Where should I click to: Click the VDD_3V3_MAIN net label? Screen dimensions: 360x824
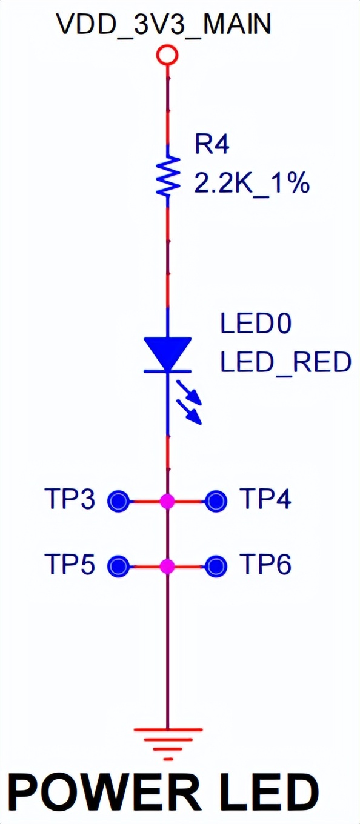click(164, 25)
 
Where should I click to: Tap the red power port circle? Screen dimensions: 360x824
click(167, 56)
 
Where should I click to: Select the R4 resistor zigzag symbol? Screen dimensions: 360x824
click(168, 176)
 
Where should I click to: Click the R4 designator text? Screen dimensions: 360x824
click(212, 144)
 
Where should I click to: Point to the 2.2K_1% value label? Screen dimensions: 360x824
click(252, 183)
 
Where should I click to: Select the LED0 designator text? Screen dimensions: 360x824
click(256, 324)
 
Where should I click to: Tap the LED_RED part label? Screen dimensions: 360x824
click(285, 362)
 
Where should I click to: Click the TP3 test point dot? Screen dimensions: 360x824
click(119, 500)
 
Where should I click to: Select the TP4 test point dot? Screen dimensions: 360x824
click(216, 500)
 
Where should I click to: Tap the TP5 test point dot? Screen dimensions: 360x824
click(119, 566)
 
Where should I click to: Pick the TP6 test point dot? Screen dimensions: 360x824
click(216, 566)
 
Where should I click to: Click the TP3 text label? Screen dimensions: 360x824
click(70, 499)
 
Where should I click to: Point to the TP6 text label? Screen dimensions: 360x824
click(265, 564)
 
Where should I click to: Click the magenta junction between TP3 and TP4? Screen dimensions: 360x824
click(167, 501)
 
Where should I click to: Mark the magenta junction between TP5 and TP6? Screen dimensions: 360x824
click(167, 566)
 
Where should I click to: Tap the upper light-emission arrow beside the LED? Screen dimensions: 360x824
click(189, 393)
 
